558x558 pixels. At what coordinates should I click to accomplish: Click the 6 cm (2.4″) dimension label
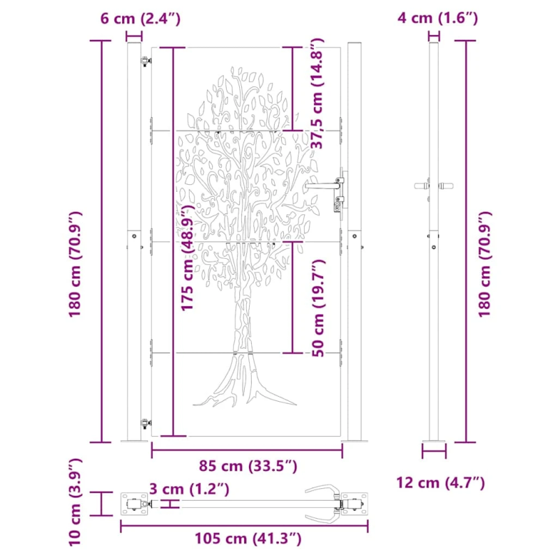[x=140, y=19]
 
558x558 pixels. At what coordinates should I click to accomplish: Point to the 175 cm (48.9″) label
[x=188, y=259]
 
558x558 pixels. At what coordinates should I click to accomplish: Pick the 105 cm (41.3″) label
[x=247, y=538]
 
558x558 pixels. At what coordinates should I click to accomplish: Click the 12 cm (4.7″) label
[x=441, y=482]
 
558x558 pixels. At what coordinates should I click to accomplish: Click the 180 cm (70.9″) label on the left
[x=77, y=264]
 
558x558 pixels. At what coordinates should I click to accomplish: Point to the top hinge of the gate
[x=146, y=62]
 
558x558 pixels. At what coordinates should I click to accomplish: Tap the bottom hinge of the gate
[x=145, y=423]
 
